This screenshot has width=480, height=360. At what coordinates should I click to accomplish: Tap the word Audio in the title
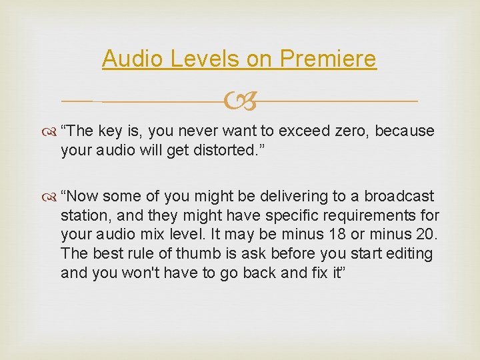pyautogui.click(x=133, y=59)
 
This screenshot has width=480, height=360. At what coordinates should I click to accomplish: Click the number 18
pyautogui.click(x=337, y=235)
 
